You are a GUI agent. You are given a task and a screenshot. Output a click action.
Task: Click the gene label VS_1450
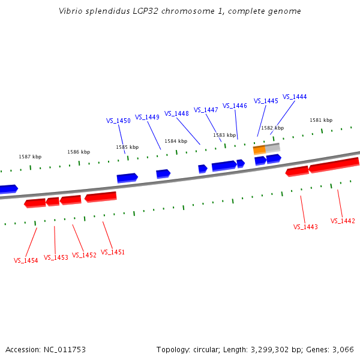pyautogui.click(x=118, y=121)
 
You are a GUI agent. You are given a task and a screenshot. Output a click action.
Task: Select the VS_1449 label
pyautogui.click(x=147, y=117)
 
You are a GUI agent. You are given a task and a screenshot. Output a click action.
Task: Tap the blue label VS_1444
pyautogui.click(x=295, y=97)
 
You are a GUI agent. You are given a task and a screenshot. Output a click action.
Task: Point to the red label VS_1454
pyautogui.click(x=26, y=260)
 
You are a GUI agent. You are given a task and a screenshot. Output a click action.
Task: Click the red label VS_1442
pyautogui.click(x=343, y=221)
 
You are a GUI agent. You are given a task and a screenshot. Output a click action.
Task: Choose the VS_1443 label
pyautogui.click(x=305, y=227)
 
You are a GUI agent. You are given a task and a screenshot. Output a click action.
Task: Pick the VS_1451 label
pyautogui.click(x=113, y=252)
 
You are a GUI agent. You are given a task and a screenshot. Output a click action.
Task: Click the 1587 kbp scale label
pyautogui.click(x=30, y=157)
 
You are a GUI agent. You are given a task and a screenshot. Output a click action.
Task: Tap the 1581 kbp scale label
pyautogui.click(x=321, y=120)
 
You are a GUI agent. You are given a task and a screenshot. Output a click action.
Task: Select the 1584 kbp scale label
pyautogui.click(x=176, y=141)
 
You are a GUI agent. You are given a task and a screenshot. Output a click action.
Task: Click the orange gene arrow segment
pyautogui.click(x=259, y=149)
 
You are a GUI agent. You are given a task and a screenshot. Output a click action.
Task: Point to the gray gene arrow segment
pyautogui.click(x=273, y=147)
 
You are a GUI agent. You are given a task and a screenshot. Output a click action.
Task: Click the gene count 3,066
pyautogui.click(x=343, y=349)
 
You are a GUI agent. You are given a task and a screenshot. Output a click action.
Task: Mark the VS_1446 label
pyautogui.click(x=235, y=106)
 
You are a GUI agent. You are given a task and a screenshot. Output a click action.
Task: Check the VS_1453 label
pyautogui.click(x=56, y=257)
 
